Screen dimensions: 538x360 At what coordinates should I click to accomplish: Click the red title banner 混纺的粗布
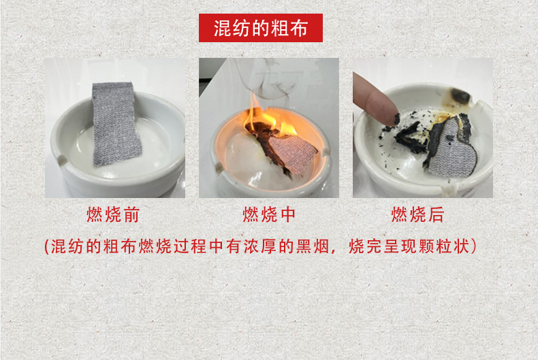261,28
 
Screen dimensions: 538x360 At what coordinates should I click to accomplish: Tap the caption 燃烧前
113,214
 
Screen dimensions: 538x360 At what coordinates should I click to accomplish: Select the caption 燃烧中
269,214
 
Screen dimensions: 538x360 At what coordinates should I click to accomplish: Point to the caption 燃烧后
418,214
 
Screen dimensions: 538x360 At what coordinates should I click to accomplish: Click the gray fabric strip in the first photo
116,123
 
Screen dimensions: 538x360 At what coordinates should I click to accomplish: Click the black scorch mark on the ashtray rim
460,96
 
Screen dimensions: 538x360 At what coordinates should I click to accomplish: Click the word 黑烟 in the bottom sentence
312,246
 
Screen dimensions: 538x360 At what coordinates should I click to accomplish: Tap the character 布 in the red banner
298,28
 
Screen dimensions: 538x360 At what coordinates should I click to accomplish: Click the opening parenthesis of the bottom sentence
47,246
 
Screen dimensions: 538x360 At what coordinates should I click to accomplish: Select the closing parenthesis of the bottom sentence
474,246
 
